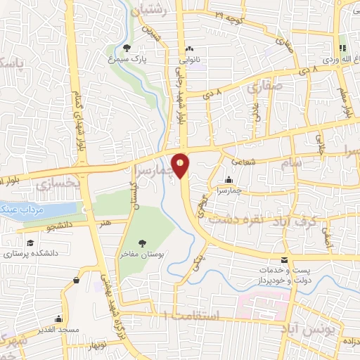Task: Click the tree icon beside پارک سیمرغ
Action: point(127,48)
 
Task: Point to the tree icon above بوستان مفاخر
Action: point(143,241)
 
